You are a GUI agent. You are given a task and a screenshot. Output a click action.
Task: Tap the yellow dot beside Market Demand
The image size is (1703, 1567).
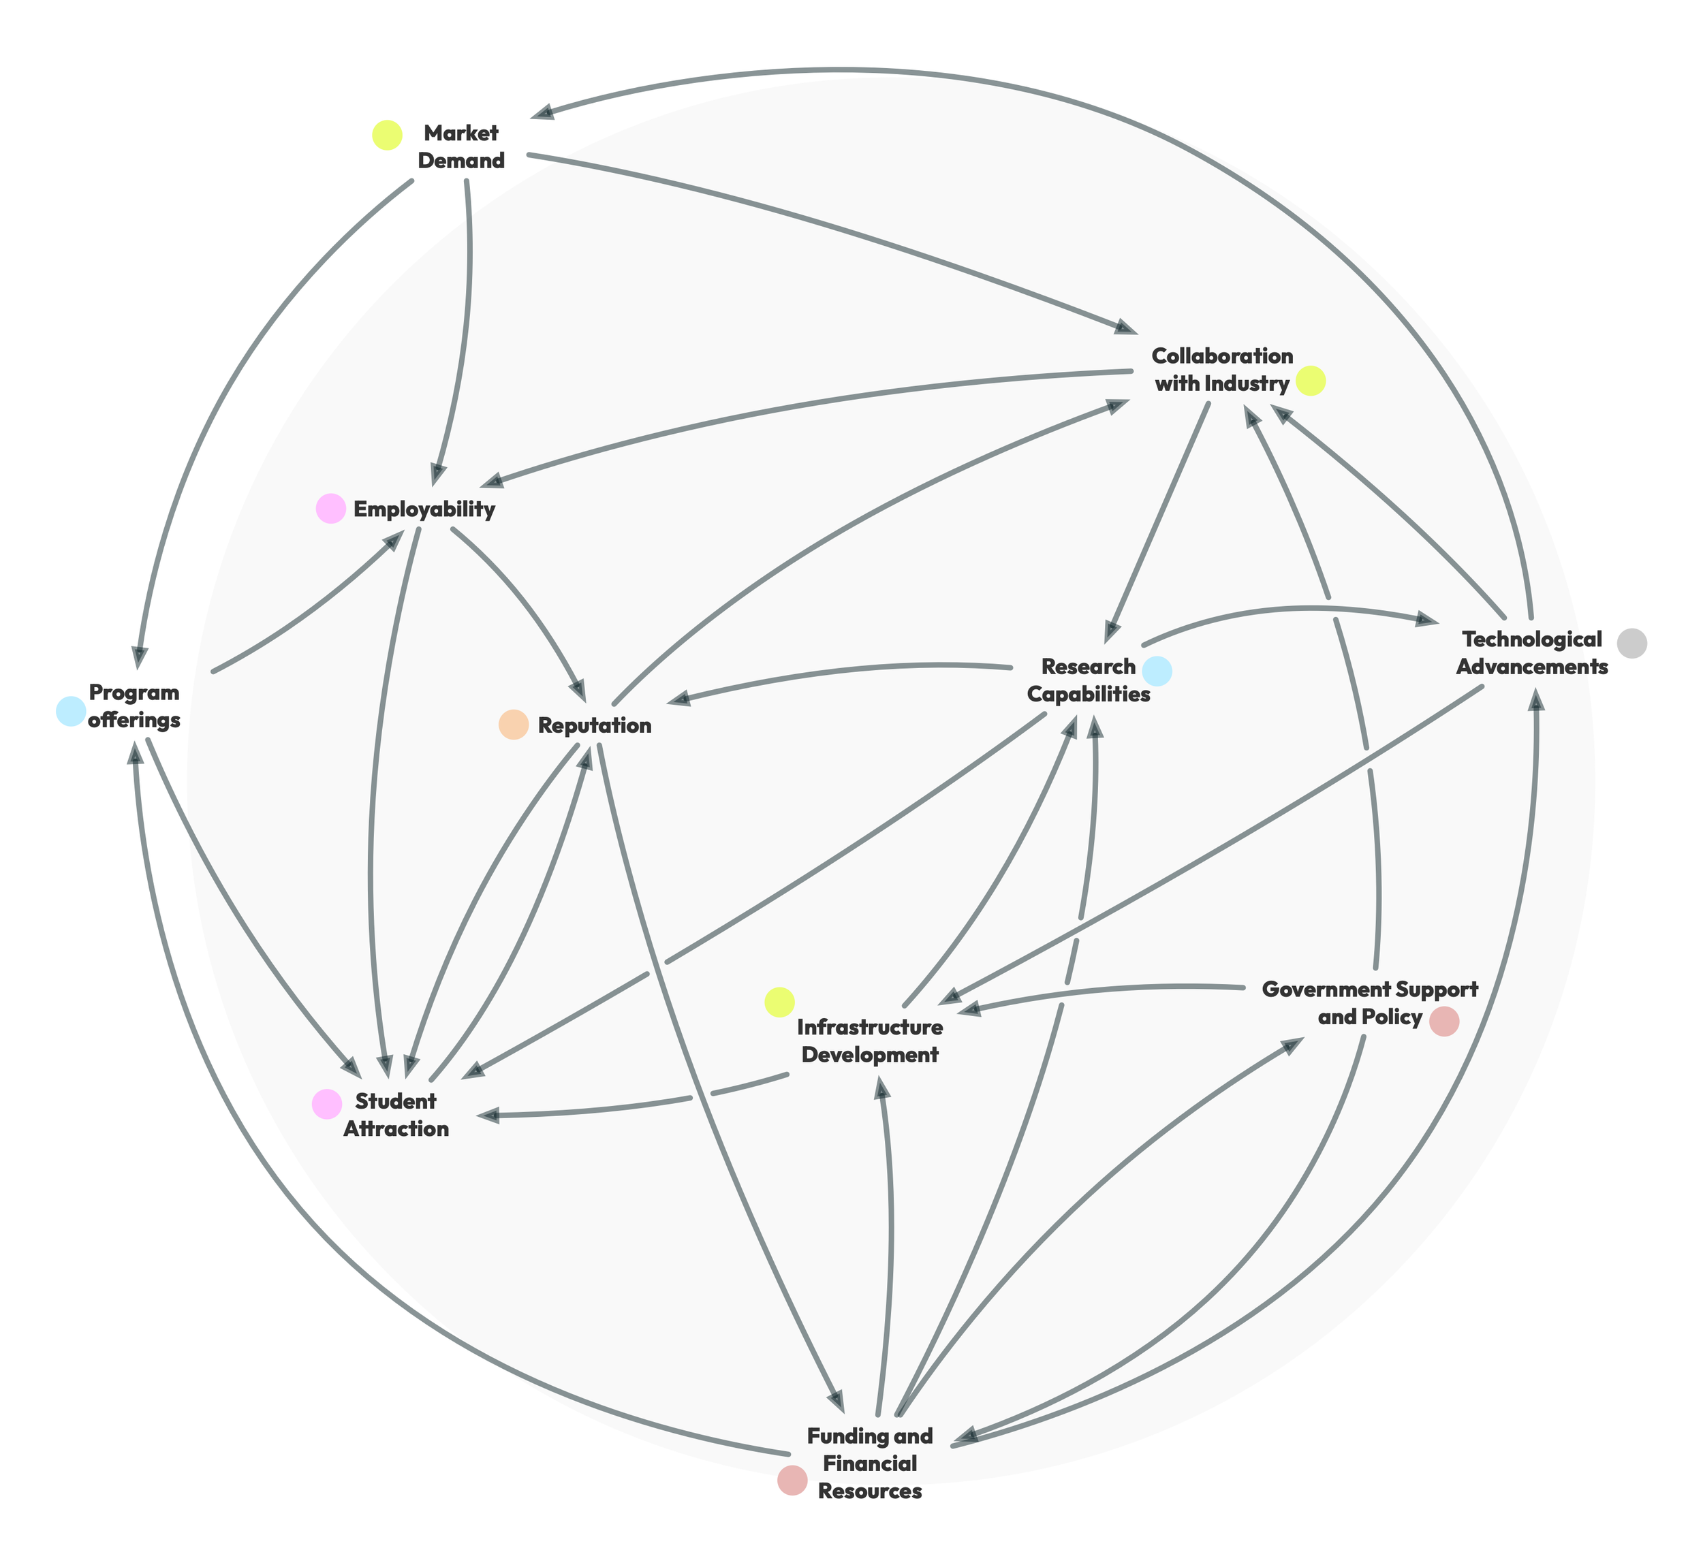(388, 135)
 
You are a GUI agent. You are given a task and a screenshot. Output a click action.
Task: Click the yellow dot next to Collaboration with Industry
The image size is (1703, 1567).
(1311, 381)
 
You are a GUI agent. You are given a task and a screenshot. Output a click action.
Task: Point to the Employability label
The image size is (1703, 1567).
(424, 509)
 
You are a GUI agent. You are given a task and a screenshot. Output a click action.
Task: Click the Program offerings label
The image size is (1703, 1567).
(135, 706)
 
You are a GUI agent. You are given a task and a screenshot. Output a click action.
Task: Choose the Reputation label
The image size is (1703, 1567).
(595, 726)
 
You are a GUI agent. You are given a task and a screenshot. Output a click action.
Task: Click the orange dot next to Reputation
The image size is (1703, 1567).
(513, 725)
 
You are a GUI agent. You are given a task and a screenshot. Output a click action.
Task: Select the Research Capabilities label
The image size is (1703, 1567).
(1088, 680)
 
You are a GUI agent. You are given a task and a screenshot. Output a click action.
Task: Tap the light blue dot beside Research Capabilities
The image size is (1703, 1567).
(1157, 671)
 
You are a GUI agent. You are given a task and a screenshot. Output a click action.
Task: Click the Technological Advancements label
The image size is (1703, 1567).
(1532, 652)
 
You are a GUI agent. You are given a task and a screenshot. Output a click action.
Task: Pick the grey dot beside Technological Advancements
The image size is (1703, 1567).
(1631, 644)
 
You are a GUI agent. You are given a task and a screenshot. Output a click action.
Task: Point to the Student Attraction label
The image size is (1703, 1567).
(395, 1115)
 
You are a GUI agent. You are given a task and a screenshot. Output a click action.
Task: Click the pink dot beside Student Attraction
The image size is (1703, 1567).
(326, 1103)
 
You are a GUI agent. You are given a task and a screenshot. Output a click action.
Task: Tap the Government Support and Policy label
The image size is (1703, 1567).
(1370, 1003)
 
